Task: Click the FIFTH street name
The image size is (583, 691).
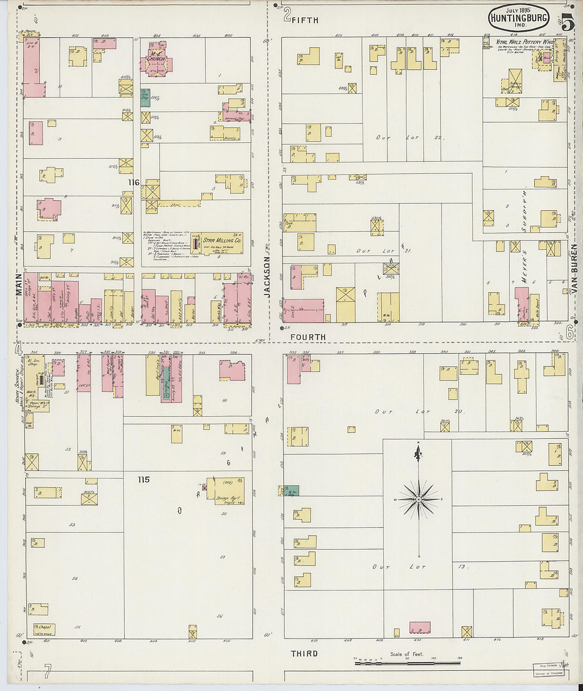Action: [x=305, y=20]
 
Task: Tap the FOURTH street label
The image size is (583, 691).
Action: [x=308, y=337]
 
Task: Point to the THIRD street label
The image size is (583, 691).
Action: [x=304, y=653]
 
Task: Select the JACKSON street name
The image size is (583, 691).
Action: [x=267, y=276]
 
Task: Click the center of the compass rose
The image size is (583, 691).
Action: [x=419, y=499]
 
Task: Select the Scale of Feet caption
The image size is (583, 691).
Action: [x=407, y=654]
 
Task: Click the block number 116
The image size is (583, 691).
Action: [x=133, y=183]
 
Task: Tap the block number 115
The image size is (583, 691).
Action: [x=143, y=480]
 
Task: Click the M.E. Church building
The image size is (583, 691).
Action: [x=154, y=64]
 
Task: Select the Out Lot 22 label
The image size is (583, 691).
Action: [x=410, y=138]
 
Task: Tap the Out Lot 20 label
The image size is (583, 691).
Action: [x=419, y=411]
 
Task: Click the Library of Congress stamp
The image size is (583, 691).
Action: [x=548, y=673]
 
